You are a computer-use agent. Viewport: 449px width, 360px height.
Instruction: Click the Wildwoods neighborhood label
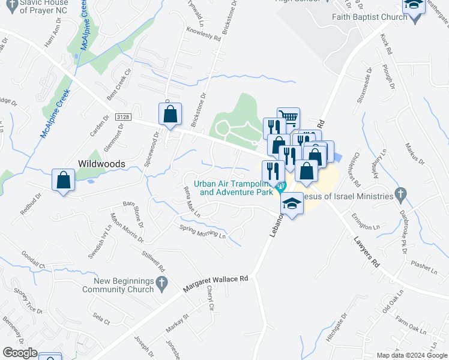click(x=101, y=163)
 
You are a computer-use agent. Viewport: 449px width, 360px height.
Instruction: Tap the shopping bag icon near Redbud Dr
click(x=64, y=179)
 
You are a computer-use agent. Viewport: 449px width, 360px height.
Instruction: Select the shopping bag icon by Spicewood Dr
click(x=170, y=113)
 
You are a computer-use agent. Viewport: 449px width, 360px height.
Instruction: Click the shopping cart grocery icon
click(x=288, y=118)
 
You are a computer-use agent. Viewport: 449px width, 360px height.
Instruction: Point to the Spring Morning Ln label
click(x=202, y=231)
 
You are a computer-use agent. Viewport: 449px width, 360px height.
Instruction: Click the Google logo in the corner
click(x=19, y=353)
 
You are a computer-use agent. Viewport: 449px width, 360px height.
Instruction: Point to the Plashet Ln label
click(x=424, y=267)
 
